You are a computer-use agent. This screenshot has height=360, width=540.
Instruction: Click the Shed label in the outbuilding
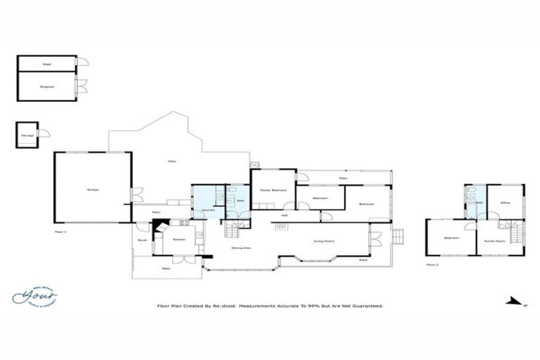[46, 64]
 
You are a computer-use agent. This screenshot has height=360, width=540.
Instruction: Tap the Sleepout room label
[47, 87]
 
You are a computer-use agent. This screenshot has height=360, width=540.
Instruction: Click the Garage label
[92, 190]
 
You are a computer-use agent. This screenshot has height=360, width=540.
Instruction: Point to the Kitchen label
[179, 240]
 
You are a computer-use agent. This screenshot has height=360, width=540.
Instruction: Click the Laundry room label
[208, 210]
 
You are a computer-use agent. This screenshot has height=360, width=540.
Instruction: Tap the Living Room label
[323, 242]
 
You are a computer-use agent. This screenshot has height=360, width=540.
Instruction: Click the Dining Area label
[242, 247]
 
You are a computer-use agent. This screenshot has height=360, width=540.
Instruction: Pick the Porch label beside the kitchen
[141, 240]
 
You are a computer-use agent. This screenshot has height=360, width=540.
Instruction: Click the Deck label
[364, 259]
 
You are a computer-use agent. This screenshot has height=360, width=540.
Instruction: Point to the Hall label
[285, 215]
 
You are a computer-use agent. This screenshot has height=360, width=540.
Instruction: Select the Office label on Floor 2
[504, 202]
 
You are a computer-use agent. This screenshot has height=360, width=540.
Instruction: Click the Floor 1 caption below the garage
[60, 231]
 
